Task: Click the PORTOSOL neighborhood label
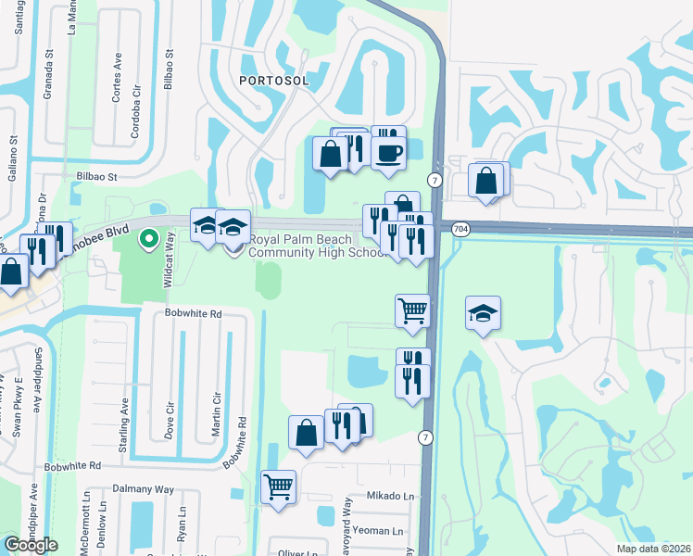pyautogui.click(x=272, y=81)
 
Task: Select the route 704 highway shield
pyautogui.click(x=460, y=228)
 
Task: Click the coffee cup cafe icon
pyautogui.click(x=388, y=150)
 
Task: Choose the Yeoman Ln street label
pyautogui.click(x=383, y=531)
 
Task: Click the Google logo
pyautogui.click(x=31, y=545)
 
